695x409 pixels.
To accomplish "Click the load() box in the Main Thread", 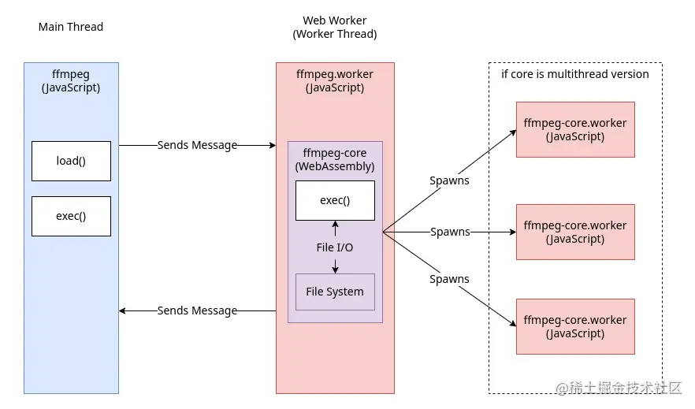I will [71, 161].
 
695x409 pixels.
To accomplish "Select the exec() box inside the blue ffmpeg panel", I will [71, 216].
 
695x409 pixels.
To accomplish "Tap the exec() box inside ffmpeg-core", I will [335, 200].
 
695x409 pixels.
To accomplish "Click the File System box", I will [335, 292].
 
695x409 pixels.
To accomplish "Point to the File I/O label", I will [335, 247].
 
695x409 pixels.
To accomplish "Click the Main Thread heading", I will [71, 27].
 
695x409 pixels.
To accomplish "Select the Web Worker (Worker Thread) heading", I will [335, 27].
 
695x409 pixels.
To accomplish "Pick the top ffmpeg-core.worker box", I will [575, 129].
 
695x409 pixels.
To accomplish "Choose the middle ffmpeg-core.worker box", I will [575, 232].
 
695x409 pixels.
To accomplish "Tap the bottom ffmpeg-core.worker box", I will [575, 326].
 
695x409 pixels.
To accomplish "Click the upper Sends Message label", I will [197, 145].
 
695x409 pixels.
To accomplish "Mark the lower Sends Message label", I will [197, 310].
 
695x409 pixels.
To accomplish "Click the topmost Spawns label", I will [449, 180].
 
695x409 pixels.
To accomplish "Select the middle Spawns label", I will [450, 232].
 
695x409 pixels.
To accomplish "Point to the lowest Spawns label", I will [449, 279].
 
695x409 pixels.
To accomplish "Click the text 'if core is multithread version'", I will [575, 74].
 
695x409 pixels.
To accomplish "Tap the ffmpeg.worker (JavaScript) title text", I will [335, 80].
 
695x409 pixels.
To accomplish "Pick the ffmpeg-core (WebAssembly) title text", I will [335, 160].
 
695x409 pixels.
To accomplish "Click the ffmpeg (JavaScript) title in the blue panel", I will [71, 80].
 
